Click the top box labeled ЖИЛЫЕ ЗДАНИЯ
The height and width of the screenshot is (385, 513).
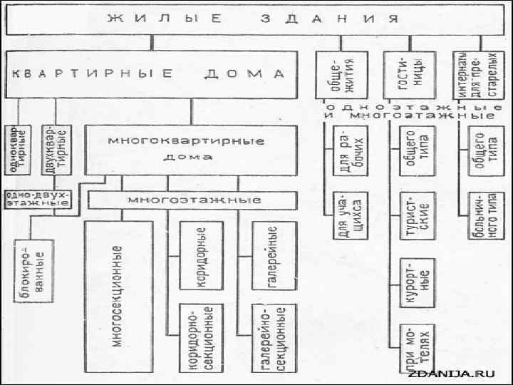(256, 19)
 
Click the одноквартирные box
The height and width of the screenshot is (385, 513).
(20, 148)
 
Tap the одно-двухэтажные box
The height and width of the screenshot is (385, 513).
(38, 197)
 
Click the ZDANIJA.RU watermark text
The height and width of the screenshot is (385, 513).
(461, 373)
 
